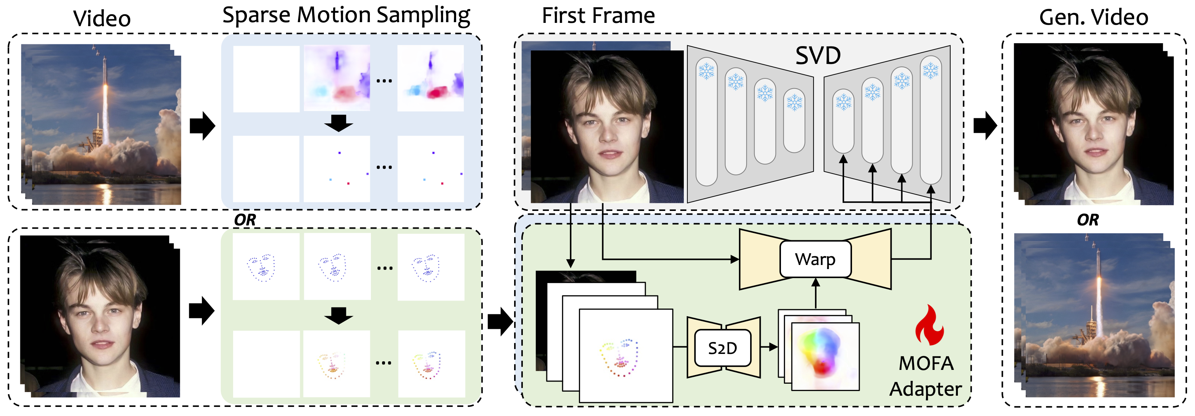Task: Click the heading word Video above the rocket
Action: pos(102,19)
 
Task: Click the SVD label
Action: pos(818,56)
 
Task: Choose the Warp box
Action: pos(815,259)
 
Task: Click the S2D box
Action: pos(722,348)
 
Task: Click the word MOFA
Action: pos(926,363)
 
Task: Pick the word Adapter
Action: pos(926,389)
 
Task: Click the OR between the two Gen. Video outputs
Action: pos(1087,220)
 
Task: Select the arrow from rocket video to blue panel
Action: pos(202,125)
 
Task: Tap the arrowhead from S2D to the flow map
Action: pos(773,347)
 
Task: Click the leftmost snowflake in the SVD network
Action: pos(706,72)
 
